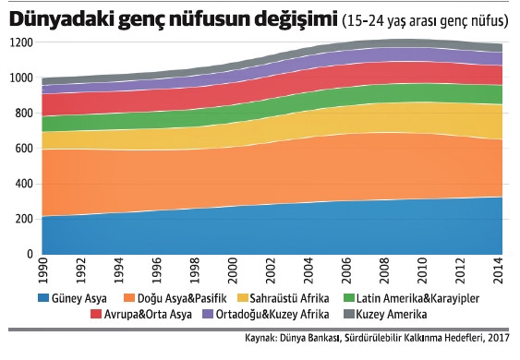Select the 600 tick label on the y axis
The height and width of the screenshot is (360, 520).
pyautogui.click(x=21, y=149)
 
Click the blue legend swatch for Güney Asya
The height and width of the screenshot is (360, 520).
pyautogui.click(x=43, y=298)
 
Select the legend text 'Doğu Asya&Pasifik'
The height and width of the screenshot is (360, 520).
pyautogui.click(x=177, y=298)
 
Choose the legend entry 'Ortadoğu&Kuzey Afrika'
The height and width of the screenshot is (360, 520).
pyautogui.click(x=268, y=315)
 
